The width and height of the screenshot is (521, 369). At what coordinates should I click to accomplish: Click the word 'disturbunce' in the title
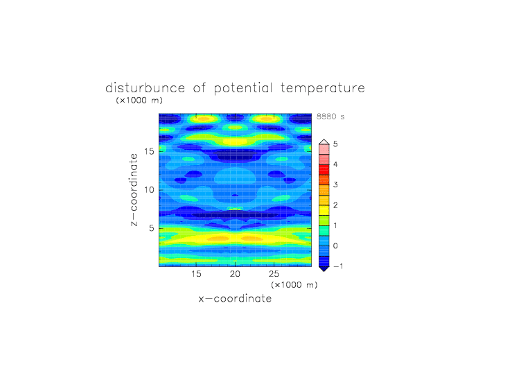tap(145, 88)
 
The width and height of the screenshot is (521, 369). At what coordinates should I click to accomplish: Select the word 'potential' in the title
tap(243, 89)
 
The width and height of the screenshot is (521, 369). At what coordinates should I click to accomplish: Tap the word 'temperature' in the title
tap(323, 89)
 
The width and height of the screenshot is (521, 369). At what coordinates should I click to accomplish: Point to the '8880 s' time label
tap(330, 117)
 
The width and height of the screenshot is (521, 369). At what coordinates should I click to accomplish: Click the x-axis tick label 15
tap(196, 274)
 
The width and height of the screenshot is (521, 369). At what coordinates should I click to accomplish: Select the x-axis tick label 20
tap(235, 274)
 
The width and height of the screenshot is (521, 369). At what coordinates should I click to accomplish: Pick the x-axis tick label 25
tap(274, 274)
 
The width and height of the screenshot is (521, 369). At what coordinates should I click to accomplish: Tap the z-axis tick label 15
tap(149, 151)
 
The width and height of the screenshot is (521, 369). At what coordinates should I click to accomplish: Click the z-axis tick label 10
tap(149, 190)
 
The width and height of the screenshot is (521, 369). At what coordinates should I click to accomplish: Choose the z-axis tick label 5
tap(152, 228)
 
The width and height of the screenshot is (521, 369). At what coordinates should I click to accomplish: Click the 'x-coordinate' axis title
tap(235, 298)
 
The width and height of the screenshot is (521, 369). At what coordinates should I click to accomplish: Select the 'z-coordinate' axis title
tap(134, 190)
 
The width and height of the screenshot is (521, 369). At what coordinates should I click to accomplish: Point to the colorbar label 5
tap(335, 144)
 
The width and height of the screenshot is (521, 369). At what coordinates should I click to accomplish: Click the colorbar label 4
tap(335, 164)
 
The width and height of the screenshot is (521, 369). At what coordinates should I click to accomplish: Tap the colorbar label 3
tap(335, 184)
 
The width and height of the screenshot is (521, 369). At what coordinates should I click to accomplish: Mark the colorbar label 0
tap(335, 246)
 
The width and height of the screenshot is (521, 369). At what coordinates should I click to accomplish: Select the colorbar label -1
tap(338, 266)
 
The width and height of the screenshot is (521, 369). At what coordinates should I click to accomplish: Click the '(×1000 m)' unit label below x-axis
tap(294, 285)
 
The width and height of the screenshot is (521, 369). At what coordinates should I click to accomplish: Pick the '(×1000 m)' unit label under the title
tap(139, 100)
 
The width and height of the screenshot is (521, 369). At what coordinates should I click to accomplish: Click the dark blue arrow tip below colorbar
tap(324, 271)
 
